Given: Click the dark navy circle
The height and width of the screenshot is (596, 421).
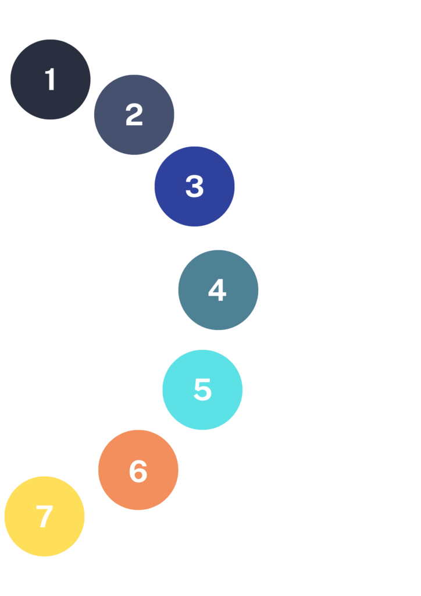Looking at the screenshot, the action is tap(51, 79).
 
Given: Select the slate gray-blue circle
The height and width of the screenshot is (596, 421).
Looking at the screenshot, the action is tap(134, 115).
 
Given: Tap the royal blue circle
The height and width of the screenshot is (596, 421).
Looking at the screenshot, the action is tap(194, 186).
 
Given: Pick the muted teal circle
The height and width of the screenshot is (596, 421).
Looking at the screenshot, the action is tap(218, 290).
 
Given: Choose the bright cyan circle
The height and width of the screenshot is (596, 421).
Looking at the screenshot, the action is tap(202, 389).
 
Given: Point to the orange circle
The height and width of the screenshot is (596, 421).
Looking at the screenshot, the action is tap(138, 470).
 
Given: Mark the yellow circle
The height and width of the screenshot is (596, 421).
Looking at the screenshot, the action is tap(44, 516).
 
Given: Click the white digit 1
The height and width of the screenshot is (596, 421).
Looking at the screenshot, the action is tap(50, 79).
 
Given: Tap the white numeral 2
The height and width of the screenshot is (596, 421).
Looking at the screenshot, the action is tap(134, 114).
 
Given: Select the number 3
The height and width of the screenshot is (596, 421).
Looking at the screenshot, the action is tap(194, 186).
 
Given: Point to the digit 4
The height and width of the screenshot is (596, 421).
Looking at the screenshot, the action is tap(217, 290).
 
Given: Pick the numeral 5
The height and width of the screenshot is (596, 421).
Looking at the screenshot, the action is tap(203, 389).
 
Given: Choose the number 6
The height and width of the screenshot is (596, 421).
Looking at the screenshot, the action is tap(138, 471).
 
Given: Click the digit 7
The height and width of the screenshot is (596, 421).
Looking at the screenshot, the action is tap(44, 516).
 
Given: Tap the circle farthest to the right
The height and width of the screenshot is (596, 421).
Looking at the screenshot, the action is tap(218, 290).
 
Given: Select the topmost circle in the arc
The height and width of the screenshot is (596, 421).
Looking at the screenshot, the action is tap(51, 79).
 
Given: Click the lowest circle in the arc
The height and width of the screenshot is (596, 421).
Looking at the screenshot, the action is tap(44, 516).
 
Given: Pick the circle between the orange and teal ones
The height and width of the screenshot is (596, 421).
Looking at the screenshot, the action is tap(202, 389).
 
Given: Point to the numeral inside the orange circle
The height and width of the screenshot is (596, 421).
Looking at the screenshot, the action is tap(138, 471).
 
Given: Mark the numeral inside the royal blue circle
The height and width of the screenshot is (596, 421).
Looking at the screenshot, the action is tap(194, 186).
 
